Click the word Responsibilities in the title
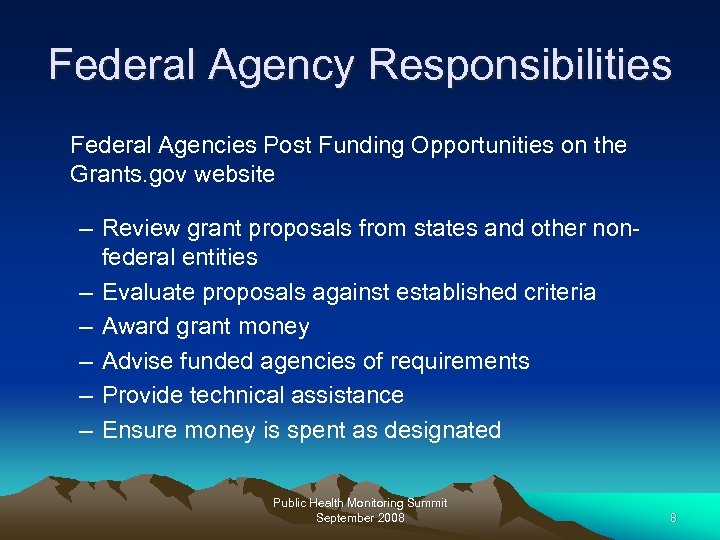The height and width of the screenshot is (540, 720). tap(520, 65)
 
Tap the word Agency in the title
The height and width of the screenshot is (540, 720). tap(283, 65)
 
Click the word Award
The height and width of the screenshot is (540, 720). tap(135, 327)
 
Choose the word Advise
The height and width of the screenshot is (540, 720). tap(137, 361)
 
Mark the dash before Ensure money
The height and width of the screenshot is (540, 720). tap(87, 430)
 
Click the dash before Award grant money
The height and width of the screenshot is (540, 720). tap(87, 327)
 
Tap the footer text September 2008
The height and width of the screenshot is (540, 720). tap(359, 518)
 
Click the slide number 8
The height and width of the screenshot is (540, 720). tap(673, 518)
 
